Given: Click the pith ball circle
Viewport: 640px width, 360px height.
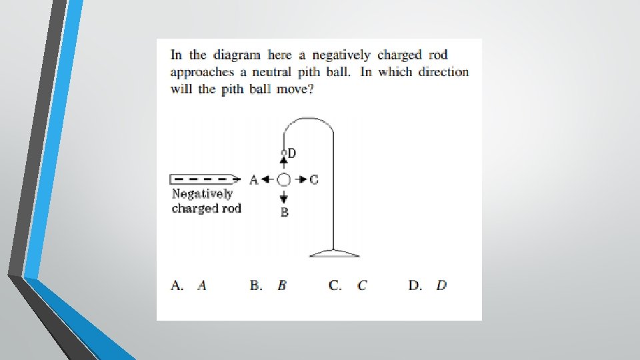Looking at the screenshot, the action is tap(284, 179).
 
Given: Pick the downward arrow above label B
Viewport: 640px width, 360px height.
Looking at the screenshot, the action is tap(284, 196).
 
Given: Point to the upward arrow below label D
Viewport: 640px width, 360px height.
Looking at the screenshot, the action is tap(284, 160).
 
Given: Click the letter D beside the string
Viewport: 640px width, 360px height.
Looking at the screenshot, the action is tap(292, 153).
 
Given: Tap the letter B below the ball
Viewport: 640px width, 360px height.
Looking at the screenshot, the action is tap(285, 213).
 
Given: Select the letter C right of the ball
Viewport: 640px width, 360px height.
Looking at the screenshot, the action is tap(314, 179).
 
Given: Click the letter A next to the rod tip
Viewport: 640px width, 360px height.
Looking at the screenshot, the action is tap(253, 179).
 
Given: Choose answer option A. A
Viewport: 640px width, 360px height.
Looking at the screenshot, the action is tap(189, 285).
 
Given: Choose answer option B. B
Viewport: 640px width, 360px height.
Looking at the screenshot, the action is tap(269, 285).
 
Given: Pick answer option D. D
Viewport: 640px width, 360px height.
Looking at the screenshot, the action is tap(427, 285).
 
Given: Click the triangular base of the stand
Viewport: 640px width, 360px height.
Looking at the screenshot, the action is tap(334, 253).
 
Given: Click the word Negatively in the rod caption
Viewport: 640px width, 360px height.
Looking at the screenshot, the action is tap(203, 194).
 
